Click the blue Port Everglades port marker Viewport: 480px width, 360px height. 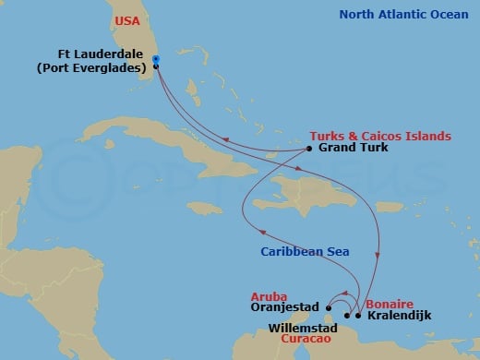click(x=156, y=60)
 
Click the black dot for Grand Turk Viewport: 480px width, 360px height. click(x=309, y=148)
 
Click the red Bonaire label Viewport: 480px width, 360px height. click(x=389, y=303)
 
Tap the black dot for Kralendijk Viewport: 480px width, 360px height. click(x=358, y=316)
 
